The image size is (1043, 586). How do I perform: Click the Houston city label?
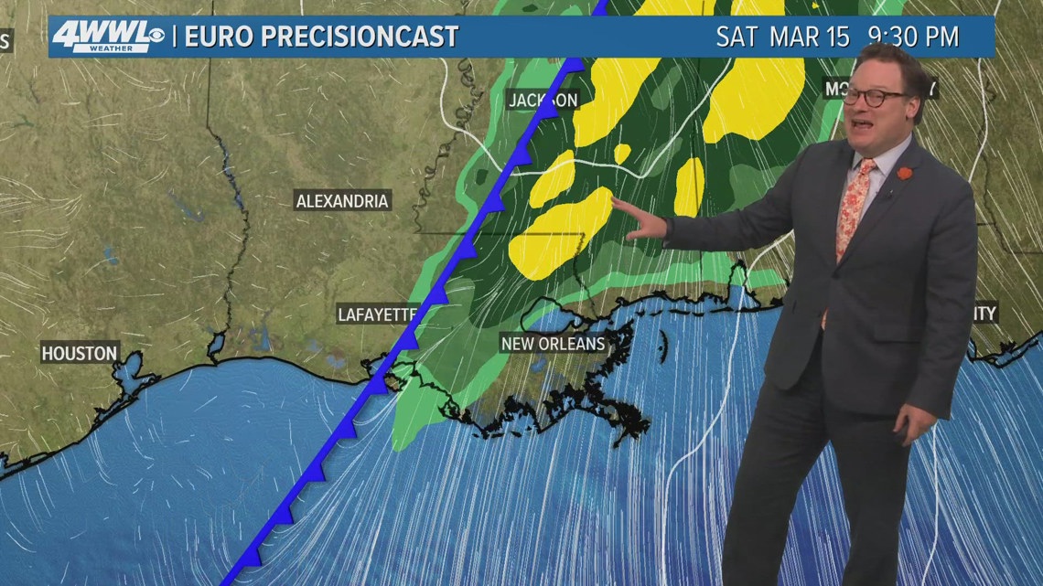pos(80,353)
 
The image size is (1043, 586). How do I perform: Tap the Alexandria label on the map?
pos(342,201)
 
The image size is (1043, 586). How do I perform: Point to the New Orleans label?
pos(554,344)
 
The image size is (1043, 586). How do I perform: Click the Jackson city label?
pos(543,100)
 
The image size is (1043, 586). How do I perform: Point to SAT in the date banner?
pos(737,37)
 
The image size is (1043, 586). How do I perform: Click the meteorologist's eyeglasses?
pos(873,96)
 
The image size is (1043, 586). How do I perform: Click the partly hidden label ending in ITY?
pos(984,314)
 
